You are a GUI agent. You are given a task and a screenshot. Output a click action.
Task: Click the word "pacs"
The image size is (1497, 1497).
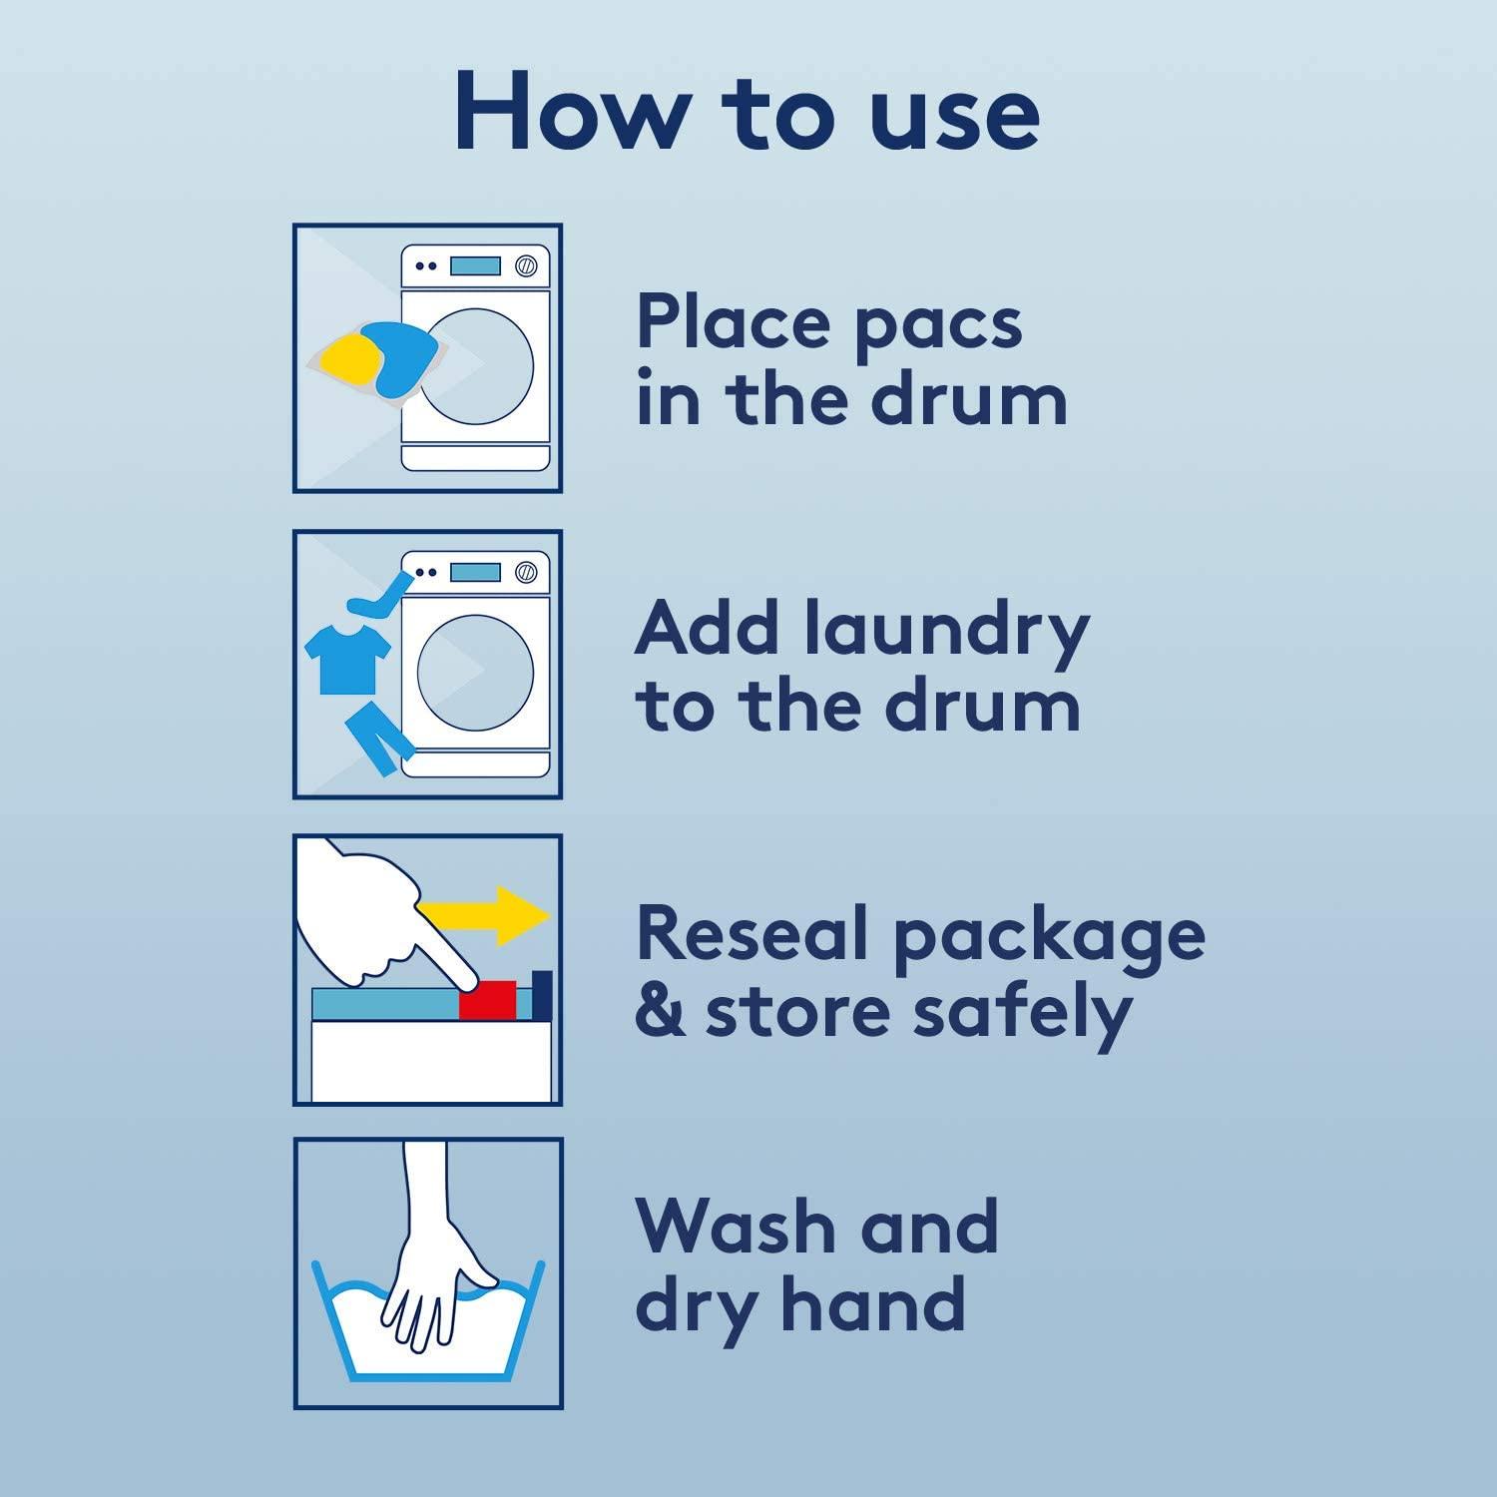938,326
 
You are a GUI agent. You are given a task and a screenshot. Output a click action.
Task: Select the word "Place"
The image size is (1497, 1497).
733,321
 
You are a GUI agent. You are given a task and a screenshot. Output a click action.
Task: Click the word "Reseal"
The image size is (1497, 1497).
752,934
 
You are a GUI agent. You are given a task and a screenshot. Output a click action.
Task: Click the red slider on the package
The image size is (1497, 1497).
488,1000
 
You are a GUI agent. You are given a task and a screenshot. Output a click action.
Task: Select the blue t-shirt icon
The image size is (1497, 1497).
346,656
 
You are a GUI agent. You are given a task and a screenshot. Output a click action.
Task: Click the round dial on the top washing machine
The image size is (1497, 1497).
526,266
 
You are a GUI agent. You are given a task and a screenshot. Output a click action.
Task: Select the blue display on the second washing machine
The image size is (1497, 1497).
475,573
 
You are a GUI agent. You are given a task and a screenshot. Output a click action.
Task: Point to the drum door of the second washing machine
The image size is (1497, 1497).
475,672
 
